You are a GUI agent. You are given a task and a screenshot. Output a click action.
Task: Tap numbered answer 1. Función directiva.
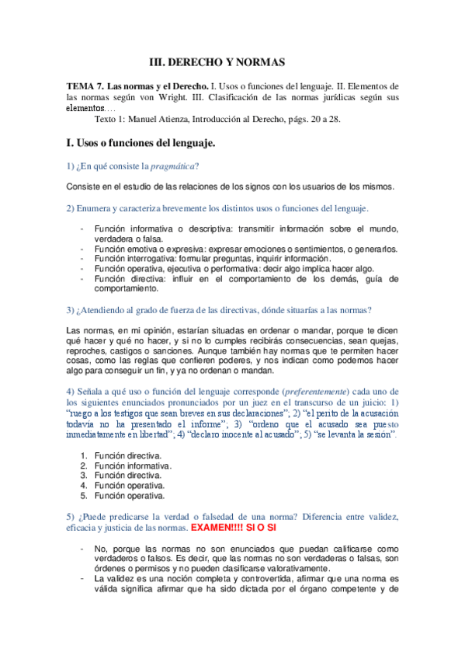point(127,455)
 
